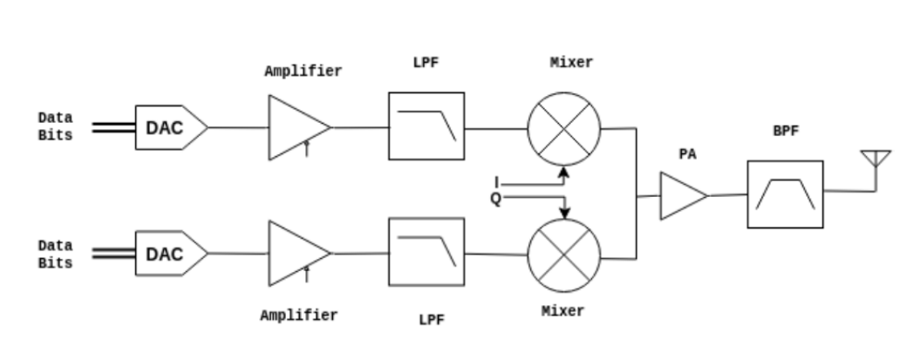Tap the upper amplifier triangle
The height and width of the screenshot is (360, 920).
pos(295,127)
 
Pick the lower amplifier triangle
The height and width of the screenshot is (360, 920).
pos(295,253)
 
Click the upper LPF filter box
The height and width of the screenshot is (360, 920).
pos(426,126)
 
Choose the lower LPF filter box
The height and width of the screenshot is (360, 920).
pos(426,252)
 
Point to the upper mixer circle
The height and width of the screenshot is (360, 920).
pos(564,128)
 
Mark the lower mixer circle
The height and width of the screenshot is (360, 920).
pos(564,255)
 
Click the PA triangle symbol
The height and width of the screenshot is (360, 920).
pos(682,195)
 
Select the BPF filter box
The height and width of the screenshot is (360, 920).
pos(785,194)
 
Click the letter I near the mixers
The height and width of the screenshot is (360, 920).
pos(496,182)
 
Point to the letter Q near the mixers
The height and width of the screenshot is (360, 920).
pos(495,198)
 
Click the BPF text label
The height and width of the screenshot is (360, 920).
pos(785,132)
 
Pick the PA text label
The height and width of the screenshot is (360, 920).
pos(688,154)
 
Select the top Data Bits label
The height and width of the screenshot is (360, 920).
pos(55,126)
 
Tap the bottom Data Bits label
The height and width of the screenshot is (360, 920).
pos(55,255)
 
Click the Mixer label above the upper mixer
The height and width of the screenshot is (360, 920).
pos(571,63)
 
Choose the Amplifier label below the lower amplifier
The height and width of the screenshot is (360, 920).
pos(298,316)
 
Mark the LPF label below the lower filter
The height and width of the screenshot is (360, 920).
pos(431,320)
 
